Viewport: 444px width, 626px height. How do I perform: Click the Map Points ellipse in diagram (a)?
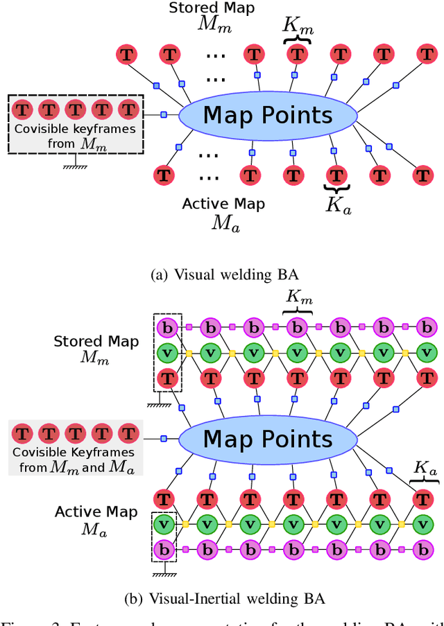(x=268, y=115)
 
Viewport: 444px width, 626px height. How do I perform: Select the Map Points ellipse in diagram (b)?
(x=268, y=439)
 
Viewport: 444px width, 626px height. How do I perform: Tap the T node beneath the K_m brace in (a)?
(x=297, y=53)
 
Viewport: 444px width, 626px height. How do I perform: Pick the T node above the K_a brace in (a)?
(x=337, y=174)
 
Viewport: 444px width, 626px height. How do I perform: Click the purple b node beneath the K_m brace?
(x=297, y=326)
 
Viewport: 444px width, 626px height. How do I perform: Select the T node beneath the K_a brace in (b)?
(x=421, y=498)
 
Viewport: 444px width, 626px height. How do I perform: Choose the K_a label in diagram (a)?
(x=339, y=206)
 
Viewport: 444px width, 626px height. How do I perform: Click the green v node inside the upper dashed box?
(x=166, y=353)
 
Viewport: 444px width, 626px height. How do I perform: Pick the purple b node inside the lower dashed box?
(x=164, y=550)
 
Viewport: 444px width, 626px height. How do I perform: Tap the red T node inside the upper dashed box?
(x=166, y=379)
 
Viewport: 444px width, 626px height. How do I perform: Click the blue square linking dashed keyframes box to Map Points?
(x=164, y=114)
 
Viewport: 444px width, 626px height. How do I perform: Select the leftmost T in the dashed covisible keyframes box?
(x=24, y=109)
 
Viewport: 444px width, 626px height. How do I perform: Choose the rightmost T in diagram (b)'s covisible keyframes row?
(x=128, y=434)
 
